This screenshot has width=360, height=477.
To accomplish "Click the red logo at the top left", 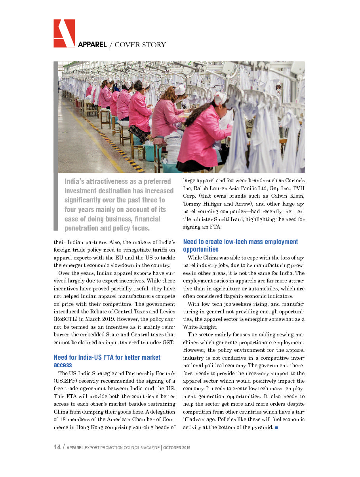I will point(64,33).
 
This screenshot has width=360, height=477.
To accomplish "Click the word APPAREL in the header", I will point(92,45).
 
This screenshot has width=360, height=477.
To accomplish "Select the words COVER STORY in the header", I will point(140,45).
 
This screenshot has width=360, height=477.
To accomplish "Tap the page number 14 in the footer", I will point(57,447).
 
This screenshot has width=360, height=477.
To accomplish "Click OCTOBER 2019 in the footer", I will point(177,448).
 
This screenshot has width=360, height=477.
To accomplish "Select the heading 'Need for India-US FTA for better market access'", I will point(107,361).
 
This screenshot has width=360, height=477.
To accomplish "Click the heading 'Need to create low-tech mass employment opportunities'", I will point(240,245).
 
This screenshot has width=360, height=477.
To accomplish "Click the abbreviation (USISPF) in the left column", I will point(67,381).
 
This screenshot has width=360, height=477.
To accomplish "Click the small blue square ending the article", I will point(276,427).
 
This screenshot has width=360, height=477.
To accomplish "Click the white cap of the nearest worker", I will point(220,98).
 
